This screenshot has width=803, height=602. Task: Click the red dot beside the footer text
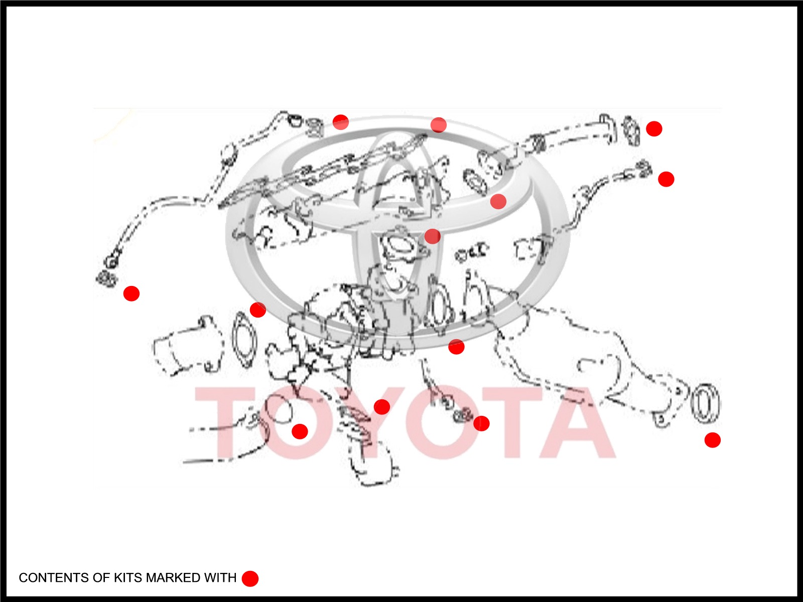pyautogui.click(x=250, y=578)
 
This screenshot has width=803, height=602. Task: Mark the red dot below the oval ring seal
pyautogui.click(x=712, y=440)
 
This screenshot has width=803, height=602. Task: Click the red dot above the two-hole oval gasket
pyautogui.click(x=257, y=310)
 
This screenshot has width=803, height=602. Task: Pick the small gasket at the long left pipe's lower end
pyautogui.click(x=106, y=279)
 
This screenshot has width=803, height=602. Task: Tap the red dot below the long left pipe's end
pyautogui.click(x=131, y=293)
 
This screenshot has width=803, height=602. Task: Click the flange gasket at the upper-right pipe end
pyautogui.click(x=631, y=131)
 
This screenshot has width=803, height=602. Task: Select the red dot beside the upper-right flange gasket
pyautogui.click(x=654, y=128)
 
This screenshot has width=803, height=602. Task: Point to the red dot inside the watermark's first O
pyautogui.click(x=300, y=431)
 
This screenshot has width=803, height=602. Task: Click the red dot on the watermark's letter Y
pyautogui.click(x=381, y=407)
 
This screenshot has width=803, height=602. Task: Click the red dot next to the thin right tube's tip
pyautogui.click(x=666, y=179)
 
